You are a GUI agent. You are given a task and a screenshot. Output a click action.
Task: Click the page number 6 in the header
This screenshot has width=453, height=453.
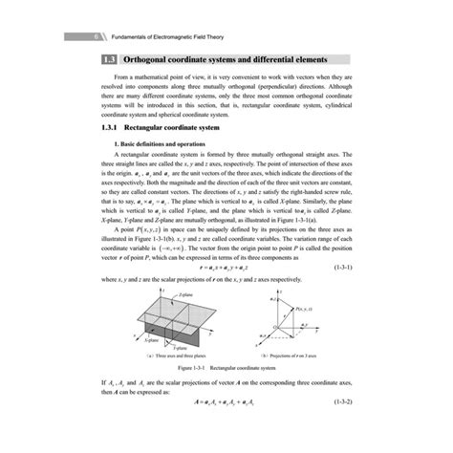click(x=72, y=39)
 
